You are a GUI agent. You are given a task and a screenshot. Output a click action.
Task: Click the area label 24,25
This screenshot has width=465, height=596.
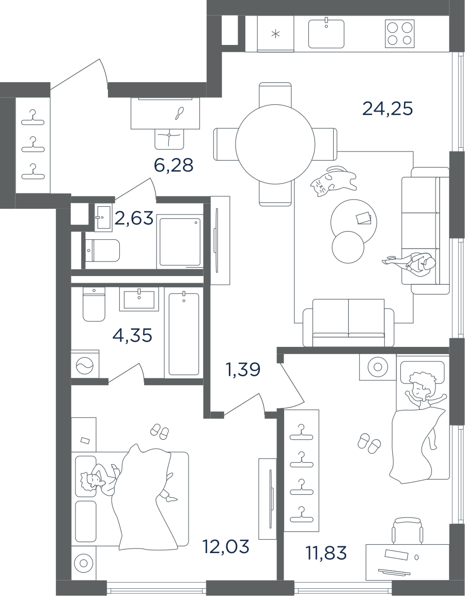[x=388, y=109]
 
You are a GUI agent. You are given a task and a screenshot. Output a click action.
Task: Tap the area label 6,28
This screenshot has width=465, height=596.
[x=174, y=165]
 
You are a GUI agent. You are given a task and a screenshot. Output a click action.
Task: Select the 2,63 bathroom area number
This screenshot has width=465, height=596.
[x=134, y=218]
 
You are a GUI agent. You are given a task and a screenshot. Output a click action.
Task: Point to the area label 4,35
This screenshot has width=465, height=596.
[x=132, y=335]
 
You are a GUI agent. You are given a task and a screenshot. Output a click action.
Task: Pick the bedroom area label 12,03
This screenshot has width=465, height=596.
[x=226, y=546]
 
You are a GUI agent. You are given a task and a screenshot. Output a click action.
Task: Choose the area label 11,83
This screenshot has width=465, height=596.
[x=326, y=553]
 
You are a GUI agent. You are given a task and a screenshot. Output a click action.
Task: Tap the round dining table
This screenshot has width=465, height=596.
[x=275, y=143]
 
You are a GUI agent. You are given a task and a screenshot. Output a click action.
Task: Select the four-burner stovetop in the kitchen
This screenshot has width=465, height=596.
[x=399, y=34]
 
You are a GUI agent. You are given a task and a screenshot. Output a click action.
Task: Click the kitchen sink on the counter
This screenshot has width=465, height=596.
[x=326, y=34]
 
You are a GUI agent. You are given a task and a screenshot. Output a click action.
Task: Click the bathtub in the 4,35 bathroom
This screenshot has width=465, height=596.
[x=183, y=334]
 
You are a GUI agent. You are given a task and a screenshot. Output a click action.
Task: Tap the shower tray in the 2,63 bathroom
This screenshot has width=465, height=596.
[x=180, y=242]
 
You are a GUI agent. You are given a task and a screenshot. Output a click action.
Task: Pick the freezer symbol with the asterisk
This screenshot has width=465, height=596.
[x=275, y=35]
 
